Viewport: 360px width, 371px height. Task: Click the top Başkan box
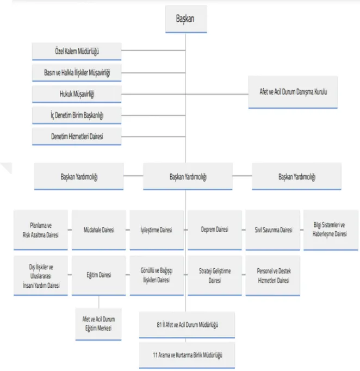pos(186,19)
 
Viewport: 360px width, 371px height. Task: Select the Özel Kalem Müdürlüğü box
pos(77,51)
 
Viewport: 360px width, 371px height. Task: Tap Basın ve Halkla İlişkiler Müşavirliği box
pos(77,73)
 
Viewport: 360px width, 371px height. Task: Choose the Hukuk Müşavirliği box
pos(77,94)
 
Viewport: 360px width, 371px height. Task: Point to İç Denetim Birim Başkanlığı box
pos(77,115)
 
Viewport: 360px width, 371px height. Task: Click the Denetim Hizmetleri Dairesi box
pos(77,137)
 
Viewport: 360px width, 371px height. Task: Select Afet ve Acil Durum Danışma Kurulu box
pos(293,92)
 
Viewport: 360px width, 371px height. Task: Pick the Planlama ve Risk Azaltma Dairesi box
pos(41,230)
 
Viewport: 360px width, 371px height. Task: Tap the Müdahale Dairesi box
pos(99,230)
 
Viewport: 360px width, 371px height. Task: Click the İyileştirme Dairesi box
pos(157,230)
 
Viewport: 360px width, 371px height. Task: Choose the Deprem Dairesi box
pos(215,230)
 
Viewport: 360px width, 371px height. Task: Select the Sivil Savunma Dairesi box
pos(273,230)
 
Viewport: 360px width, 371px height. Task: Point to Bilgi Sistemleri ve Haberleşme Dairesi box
pos(331,230)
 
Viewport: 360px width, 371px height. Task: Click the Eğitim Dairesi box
pos(99,276)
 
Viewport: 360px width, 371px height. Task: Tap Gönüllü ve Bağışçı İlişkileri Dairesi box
pos(157,276)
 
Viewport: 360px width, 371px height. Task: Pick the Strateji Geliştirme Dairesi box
pos(215,276)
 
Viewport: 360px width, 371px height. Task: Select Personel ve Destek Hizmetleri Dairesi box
pos(273,276)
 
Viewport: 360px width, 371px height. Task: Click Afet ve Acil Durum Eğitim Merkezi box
pos(98,324)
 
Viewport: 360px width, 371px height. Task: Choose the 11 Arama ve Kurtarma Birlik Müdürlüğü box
pos(187,355)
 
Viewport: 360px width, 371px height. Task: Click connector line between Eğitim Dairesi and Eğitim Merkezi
pos(99,302)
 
